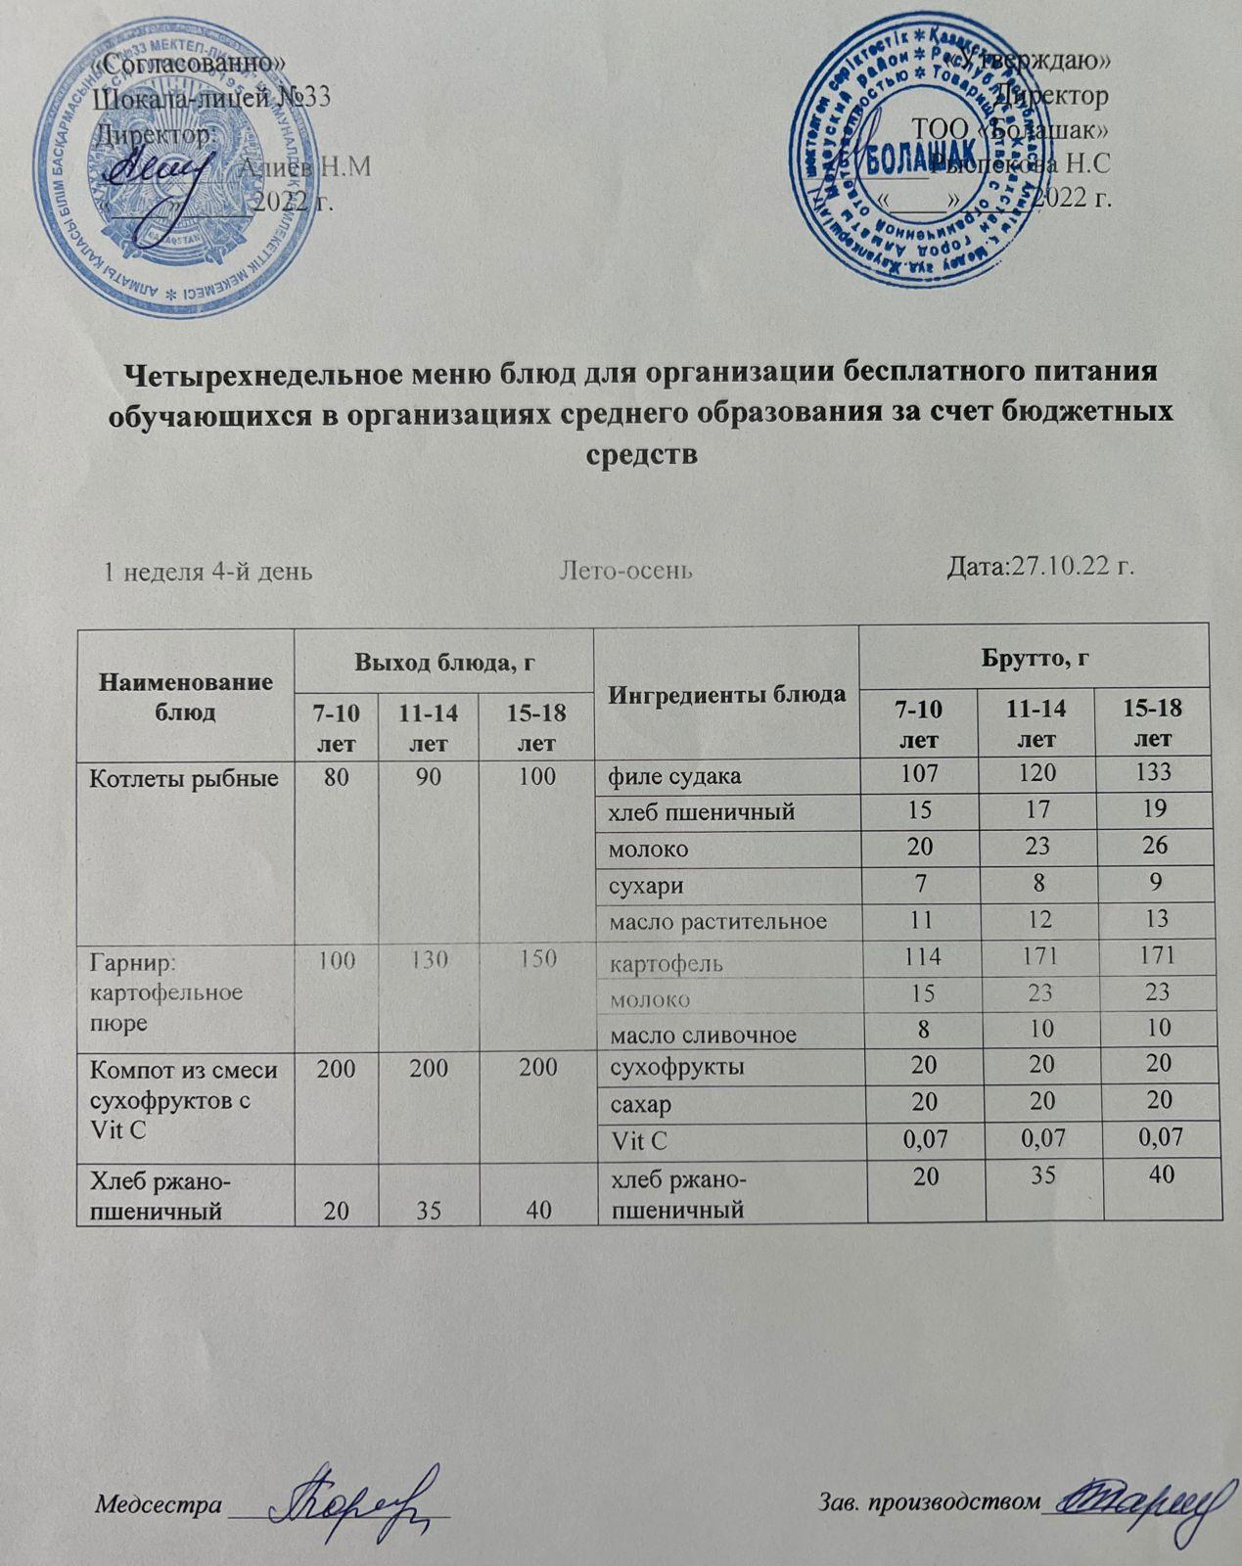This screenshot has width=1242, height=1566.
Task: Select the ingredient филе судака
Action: tap(674, 777)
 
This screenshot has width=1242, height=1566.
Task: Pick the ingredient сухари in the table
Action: tap(646, 886)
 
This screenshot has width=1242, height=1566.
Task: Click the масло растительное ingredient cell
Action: tap(717, 921)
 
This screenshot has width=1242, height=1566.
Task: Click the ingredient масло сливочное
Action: tap(703, 1035)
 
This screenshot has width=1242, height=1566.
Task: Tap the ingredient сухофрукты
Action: tap(676, 1067)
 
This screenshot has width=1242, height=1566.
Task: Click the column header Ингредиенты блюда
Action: tap(726, 695)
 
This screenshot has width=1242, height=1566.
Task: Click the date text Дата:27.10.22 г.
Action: tap(1040, 567)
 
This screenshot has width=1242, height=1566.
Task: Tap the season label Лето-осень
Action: tap(625, 571)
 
